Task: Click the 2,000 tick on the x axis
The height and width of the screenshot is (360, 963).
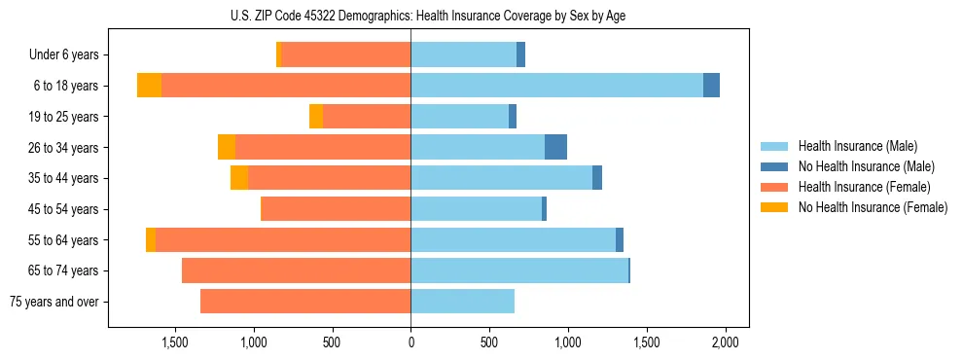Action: click(725, 342)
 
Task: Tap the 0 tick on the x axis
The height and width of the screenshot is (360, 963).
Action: click(410, 342)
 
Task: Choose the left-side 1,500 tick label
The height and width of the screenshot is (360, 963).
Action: click(175, 342)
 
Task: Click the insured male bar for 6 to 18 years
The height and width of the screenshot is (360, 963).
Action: click(556, 86)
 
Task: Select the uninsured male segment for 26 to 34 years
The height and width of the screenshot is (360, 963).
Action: click(555, 147)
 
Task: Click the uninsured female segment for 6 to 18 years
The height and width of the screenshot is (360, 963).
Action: click(149, 86)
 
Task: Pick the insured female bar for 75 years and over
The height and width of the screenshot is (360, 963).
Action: click(305, 302)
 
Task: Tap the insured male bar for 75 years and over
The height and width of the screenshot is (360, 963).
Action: click(462, 302)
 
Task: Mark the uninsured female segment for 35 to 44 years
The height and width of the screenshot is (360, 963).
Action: click(239, 178)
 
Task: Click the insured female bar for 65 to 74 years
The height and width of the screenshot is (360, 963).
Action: click(296, 270)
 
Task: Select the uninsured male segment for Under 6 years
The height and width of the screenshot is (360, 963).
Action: click(520, 55)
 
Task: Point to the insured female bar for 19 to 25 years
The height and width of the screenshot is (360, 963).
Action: click(367, 117)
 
